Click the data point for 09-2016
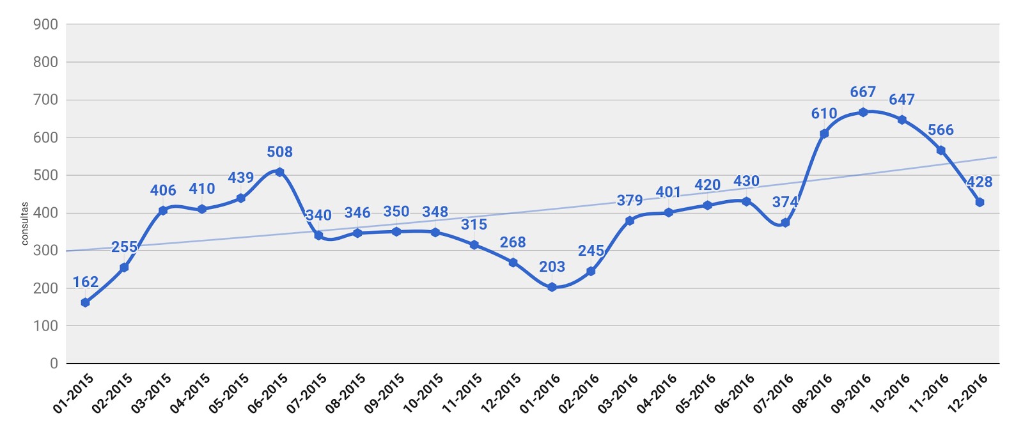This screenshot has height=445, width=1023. point(863,112)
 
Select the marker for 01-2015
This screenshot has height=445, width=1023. point(85,302)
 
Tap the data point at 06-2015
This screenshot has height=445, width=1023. point(279,172)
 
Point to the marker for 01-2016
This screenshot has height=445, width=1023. point(552,287)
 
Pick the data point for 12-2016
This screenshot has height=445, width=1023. point(979,202)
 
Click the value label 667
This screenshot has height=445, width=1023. point(863,92)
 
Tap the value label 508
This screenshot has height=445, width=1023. point(279,152)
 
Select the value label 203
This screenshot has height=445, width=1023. point(552,267)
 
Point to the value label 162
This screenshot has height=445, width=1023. point(85,282)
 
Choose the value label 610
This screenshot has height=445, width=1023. point(824,114)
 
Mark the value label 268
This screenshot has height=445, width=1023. point(513,242)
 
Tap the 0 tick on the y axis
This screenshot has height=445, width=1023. point(54,363)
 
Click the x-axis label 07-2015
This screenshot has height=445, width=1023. point(306,393)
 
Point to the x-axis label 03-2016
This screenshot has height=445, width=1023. point(618,393)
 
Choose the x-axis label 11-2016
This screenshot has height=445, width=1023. point(928,393)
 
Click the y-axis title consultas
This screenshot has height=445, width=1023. point(25,224)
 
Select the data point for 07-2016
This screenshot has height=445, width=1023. point(785,222)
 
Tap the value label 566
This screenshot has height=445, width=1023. point(941,130)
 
